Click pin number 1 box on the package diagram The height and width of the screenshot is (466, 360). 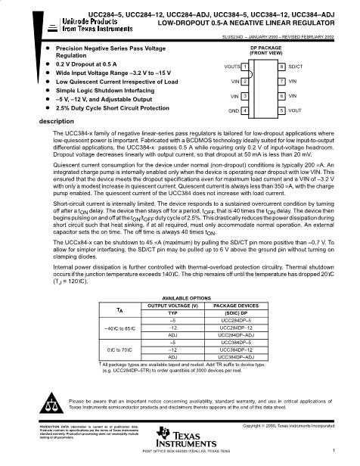click(244, 67)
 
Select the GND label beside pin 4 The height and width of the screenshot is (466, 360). click(234, 111)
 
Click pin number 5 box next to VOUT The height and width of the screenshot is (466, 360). click(281, 111)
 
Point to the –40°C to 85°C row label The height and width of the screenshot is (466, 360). click(120, 328)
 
